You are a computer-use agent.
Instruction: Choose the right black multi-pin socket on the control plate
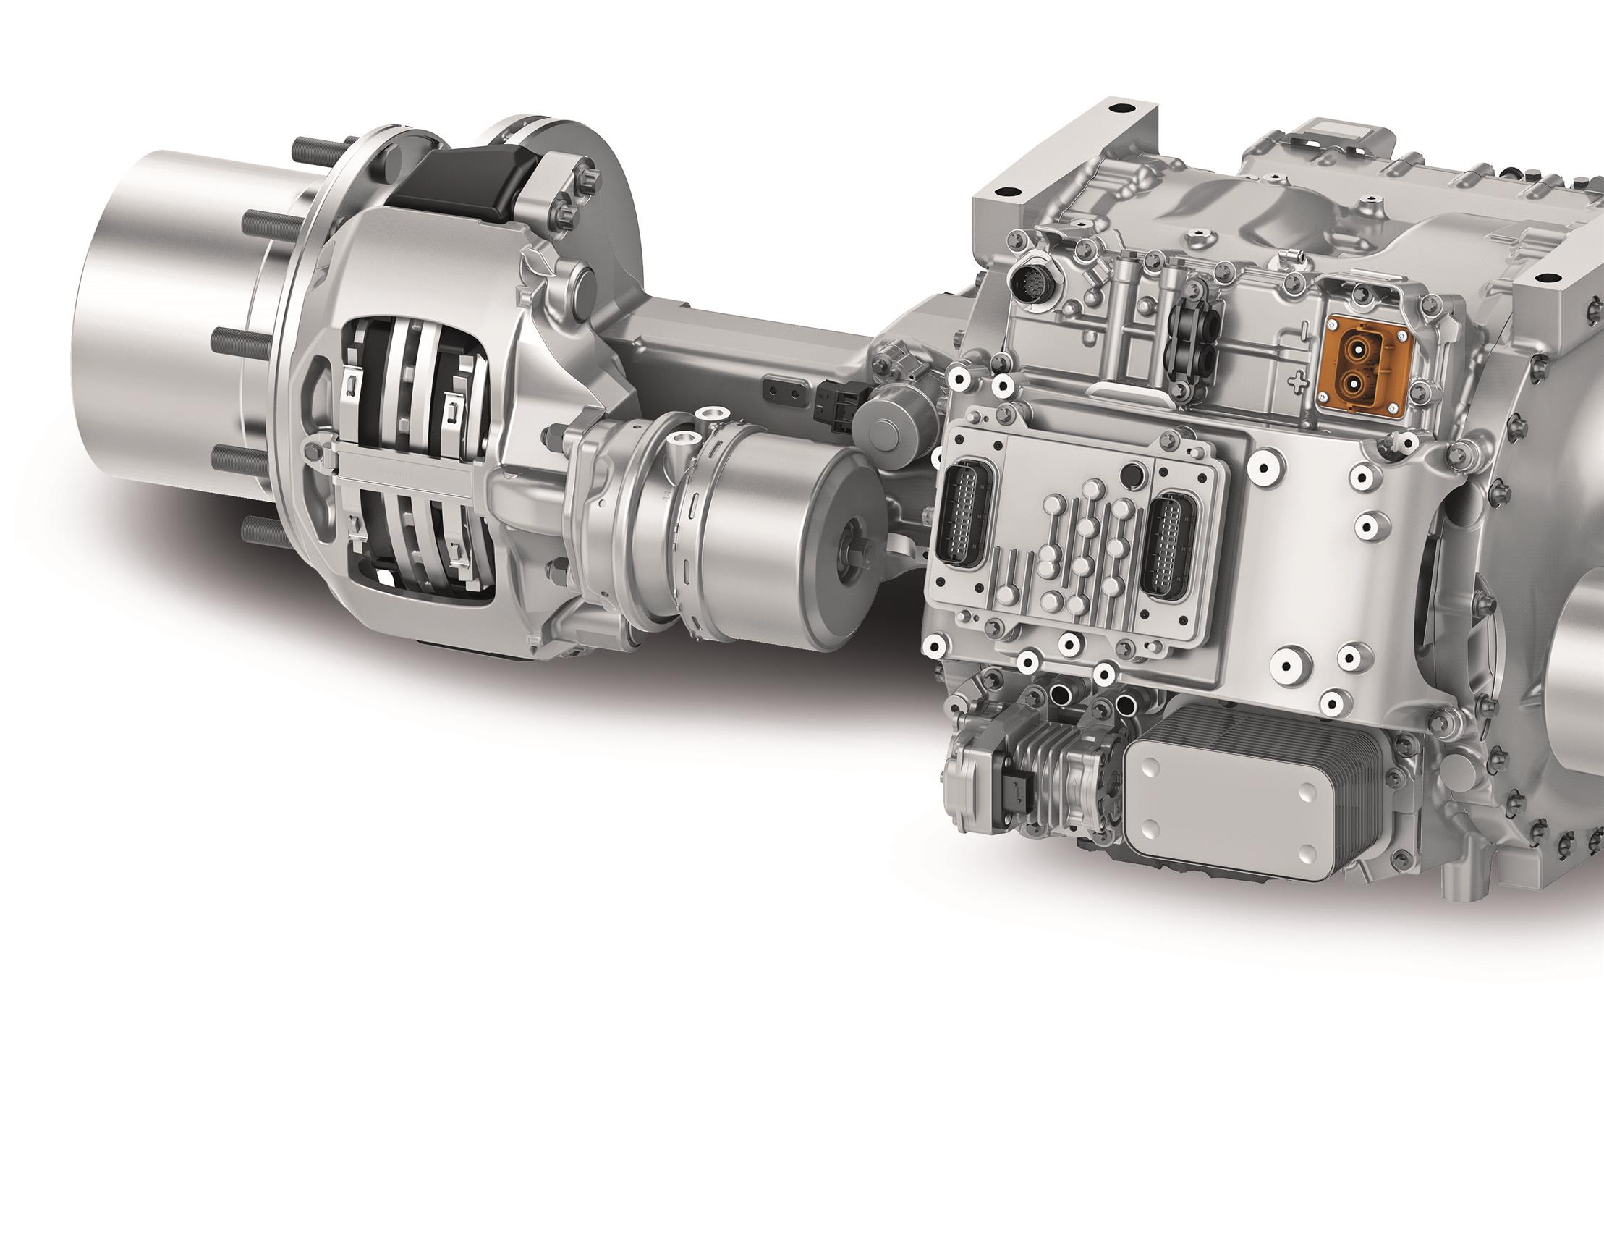[x=1168, y=545]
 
